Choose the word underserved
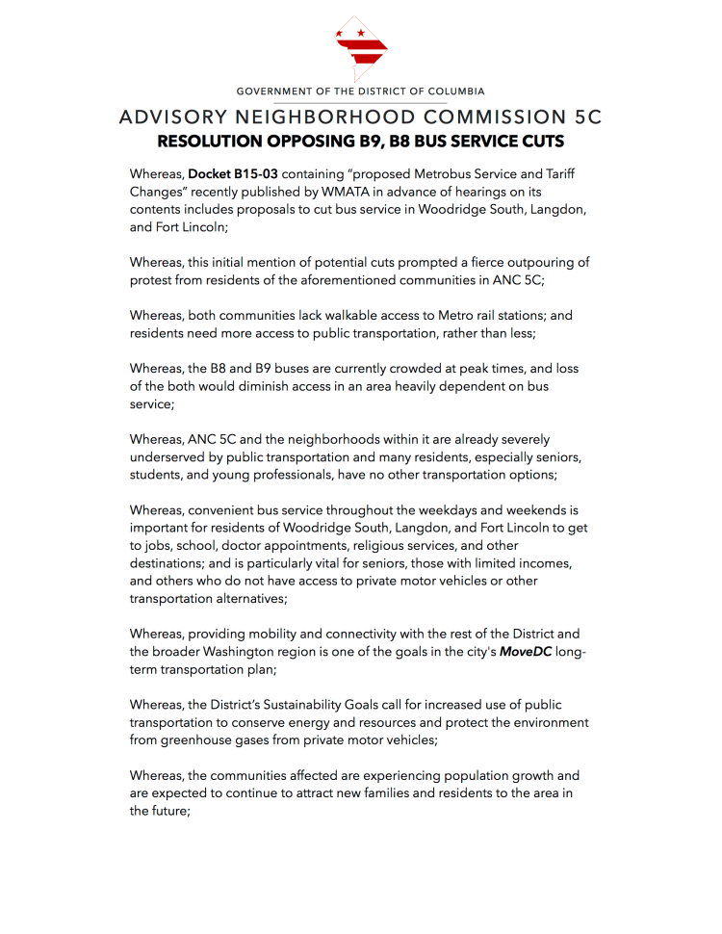click(x=170, y=456)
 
